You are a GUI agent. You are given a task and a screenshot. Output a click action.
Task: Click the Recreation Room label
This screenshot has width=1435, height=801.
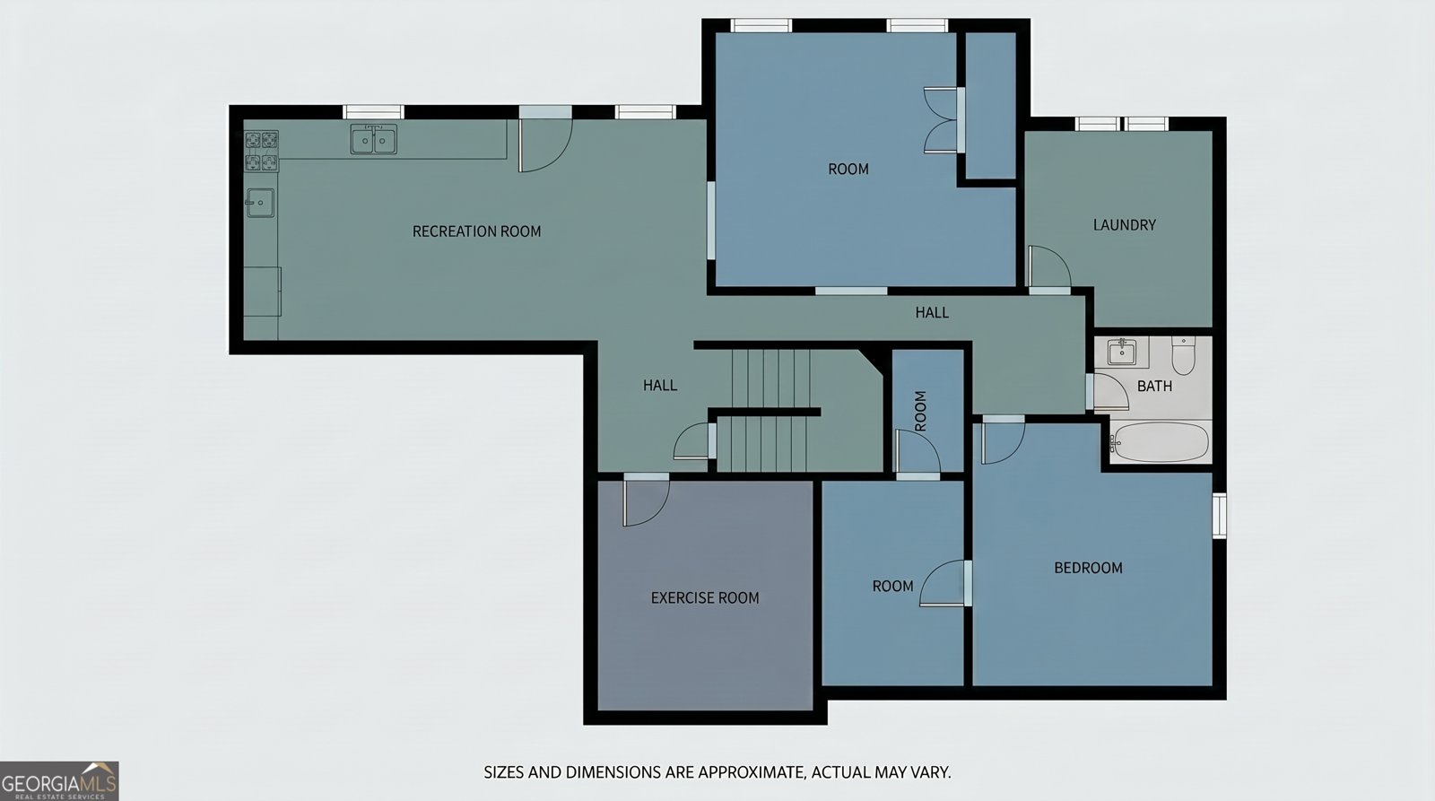point(476,231)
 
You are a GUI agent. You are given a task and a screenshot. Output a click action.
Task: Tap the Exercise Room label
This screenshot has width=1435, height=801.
point(705,598)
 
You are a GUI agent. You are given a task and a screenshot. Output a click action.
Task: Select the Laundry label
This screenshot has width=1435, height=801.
point(1125,225)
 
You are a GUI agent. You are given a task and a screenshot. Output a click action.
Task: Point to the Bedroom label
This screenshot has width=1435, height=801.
point(1088,568)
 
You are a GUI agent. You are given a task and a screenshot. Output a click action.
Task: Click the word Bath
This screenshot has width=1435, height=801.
point(1154,386)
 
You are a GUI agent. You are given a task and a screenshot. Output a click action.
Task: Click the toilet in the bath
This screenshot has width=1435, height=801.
point(1183,355)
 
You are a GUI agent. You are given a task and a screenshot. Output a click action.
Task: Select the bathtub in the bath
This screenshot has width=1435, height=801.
point(1160,441)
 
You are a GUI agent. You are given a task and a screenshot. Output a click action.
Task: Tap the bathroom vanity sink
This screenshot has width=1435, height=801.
point(1122,352)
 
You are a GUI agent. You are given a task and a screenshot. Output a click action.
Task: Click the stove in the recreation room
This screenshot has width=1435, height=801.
point(261,152)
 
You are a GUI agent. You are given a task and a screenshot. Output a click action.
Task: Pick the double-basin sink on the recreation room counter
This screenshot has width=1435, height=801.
point(373,139)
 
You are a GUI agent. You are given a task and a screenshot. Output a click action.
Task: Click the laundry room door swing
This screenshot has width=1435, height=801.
point(1049,266)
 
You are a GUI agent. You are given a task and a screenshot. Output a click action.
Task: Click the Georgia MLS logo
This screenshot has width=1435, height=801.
point(59,781)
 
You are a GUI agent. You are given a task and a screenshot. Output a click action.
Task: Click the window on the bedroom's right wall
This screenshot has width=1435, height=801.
point(1219,515)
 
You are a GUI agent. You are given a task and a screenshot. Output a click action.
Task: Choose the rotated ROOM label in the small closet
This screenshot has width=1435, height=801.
point(920,411)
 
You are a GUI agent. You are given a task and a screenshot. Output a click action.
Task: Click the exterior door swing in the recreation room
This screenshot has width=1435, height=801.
point(545,145)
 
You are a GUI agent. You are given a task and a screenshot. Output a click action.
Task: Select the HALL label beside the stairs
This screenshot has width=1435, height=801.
point(660,385)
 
